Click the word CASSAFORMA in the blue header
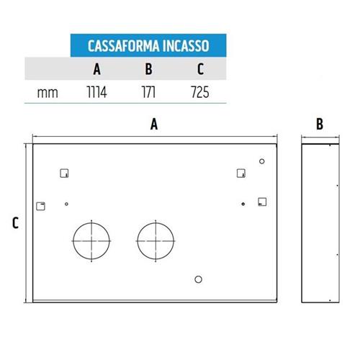124,46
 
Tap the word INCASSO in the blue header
186,46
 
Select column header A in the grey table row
96,69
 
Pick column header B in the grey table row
148,69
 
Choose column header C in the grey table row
200,69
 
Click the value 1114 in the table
96,92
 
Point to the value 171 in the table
148,92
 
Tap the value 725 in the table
200,92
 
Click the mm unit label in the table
48,93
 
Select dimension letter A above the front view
154,125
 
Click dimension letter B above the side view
320,124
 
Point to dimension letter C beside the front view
15,223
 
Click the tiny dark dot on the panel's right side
243,204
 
